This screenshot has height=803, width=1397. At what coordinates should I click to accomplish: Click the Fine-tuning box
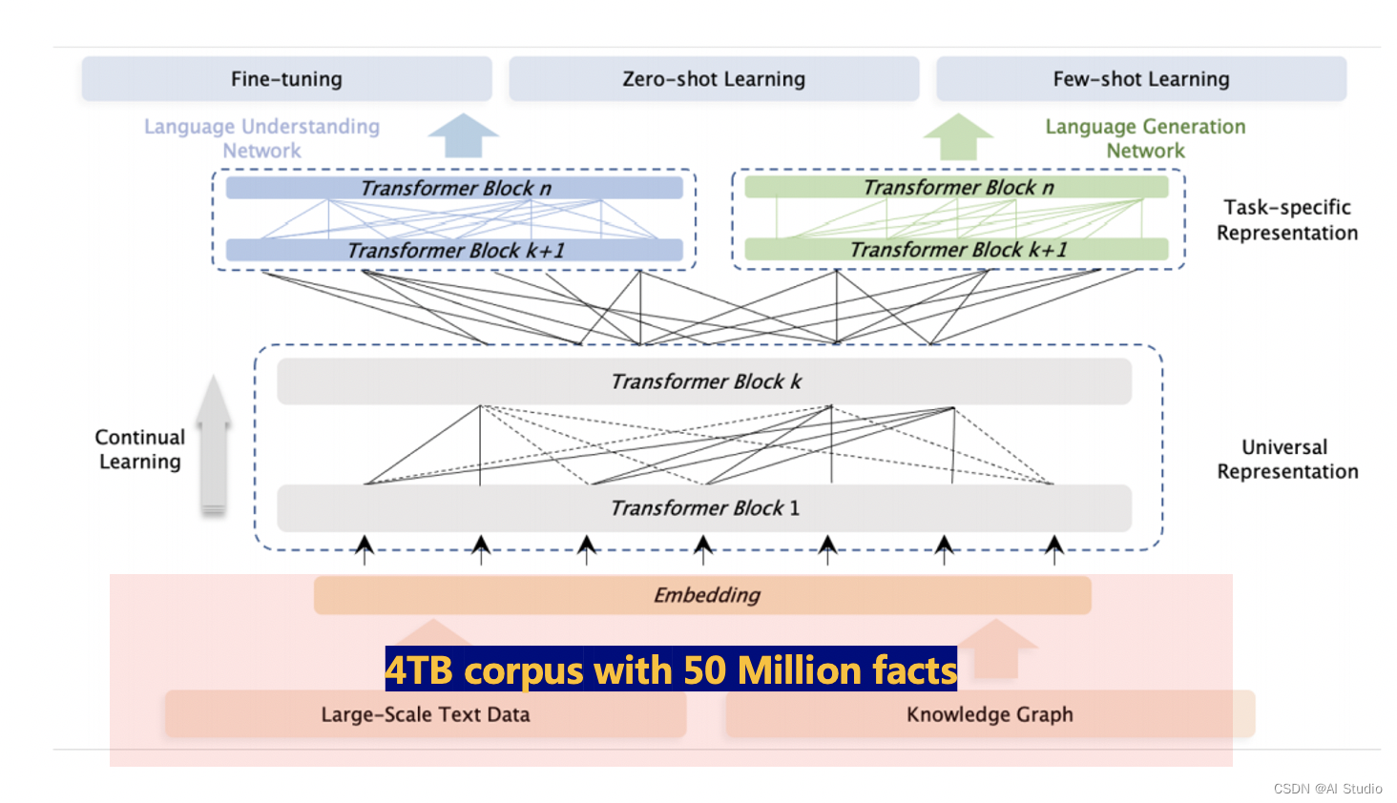point(286,79)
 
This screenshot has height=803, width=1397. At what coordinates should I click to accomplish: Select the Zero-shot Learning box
point(714,79)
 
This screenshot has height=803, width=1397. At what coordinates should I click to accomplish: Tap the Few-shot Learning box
point(1141,79)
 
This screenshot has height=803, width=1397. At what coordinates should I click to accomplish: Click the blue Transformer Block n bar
point(454,188)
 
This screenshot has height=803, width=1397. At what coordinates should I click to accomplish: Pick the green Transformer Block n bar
point(957,187)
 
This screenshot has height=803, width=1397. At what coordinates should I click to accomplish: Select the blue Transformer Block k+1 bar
point(454,250)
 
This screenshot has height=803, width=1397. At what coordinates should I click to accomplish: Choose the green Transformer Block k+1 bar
point(957,249)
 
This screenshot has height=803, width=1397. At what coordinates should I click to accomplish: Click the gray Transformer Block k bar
point(704,381)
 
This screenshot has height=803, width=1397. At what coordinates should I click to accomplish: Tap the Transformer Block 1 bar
point(704,508)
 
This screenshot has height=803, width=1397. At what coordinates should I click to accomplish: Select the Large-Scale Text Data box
point(426,714)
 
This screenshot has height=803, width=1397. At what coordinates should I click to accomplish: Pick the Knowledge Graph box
point(990,714)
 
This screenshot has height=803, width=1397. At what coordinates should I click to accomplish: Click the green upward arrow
point(958,136)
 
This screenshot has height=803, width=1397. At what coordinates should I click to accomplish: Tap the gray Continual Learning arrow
point(214,443)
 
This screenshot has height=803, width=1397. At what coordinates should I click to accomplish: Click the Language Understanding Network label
point(261,138)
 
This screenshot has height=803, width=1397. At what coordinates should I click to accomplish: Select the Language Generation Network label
point(1145,138)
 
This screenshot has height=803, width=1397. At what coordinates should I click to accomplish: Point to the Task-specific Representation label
point(1286,220)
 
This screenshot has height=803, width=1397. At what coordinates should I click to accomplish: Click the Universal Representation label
point(1286,460)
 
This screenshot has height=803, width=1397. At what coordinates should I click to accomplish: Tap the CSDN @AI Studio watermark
point(1327,789)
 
